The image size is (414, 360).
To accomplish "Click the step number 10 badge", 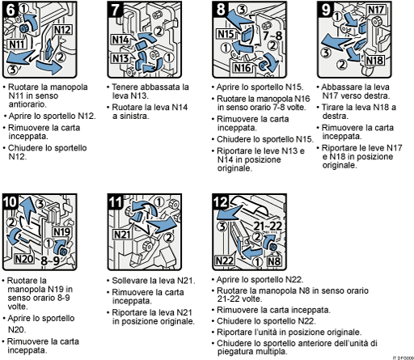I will click(x=11, y=202).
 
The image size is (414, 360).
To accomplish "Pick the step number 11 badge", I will click(x=116, y=202).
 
